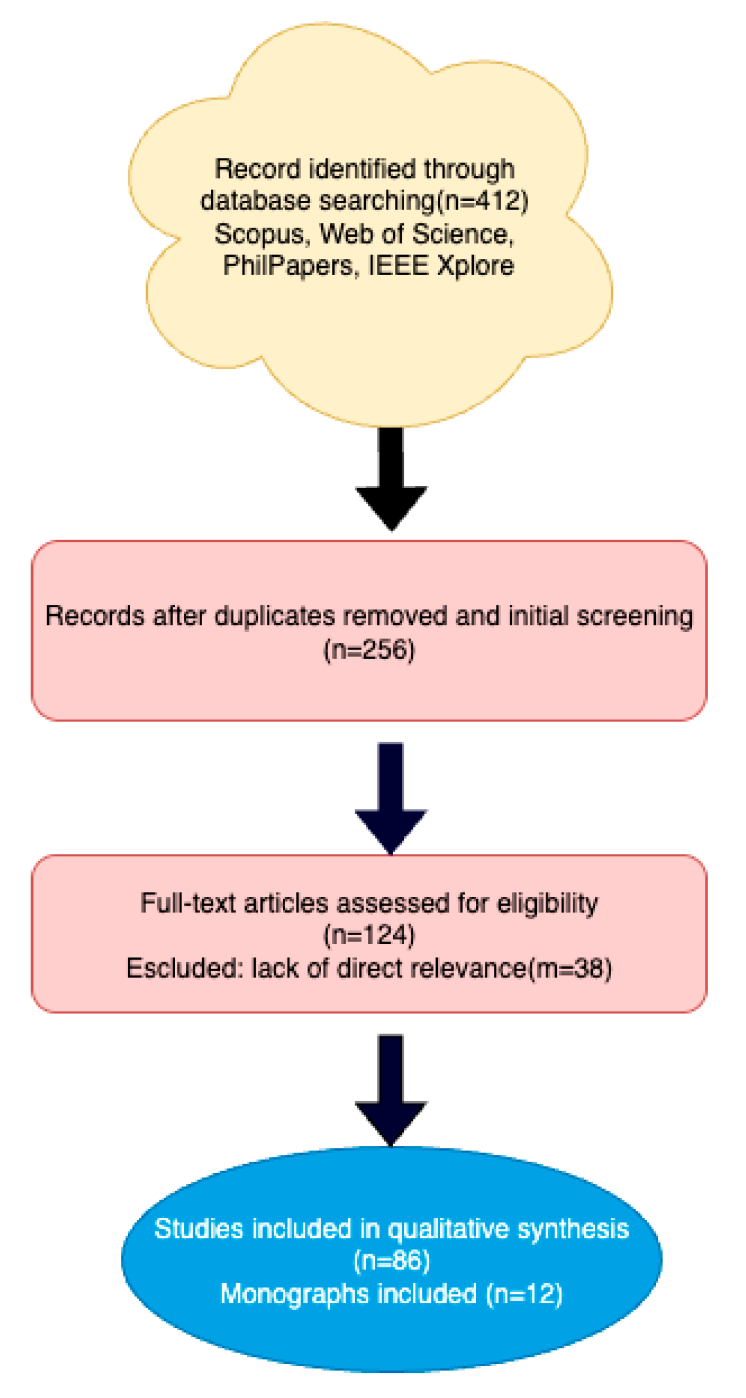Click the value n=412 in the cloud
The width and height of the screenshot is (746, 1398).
(483, 201)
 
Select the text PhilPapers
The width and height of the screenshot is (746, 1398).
(288, 266)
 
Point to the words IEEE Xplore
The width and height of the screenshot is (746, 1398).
(441, 266)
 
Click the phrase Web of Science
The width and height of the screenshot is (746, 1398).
(413, 234)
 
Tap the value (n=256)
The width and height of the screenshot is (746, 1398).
(369, 650)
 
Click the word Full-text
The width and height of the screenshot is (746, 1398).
(189, 903)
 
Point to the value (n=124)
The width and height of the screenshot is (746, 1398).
(369, 935)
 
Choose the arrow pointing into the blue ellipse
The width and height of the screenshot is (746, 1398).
(391, 1089)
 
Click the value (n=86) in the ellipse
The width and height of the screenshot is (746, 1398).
(391, 1261)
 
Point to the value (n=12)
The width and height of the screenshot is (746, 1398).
(524, 1294)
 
